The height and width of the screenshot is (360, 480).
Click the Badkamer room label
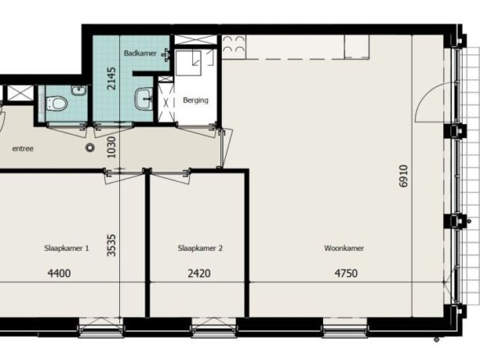point(140,53)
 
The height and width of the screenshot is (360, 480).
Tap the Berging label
point(196,100)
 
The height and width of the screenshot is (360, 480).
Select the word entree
point(23,149)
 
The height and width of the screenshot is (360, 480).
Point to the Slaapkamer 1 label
point(67,248)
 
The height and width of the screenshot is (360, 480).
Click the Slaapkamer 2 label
point(201,248)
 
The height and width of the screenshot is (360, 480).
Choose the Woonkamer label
point(344,248)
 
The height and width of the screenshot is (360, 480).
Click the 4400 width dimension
point(59,273)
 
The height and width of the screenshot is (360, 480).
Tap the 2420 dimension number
point(199,273)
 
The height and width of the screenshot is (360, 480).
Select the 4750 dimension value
point(346,273)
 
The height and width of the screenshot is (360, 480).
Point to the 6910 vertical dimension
point(404,176)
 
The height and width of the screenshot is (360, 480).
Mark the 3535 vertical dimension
point(112,245)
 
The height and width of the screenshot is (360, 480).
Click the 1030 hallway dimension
point(112,147)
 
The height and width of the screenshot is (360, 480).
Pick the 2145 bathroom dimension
point(112,78)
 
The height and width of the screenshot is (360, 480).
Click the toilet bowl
point(58,104)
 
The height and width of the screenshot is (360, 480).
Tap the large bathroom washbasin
point(144,99)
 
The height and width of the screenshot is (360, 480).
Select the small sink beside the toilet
point(79,90)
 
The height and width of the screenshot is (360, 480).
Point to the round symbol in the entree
point(90,148)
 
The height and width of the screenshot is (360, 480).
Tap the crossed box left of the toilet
point(20,93)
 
